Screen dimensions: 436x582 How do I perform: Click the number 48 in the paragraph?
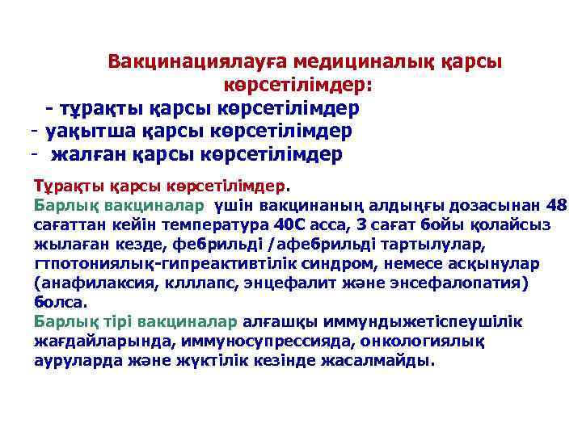click(x=557, y=203)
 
